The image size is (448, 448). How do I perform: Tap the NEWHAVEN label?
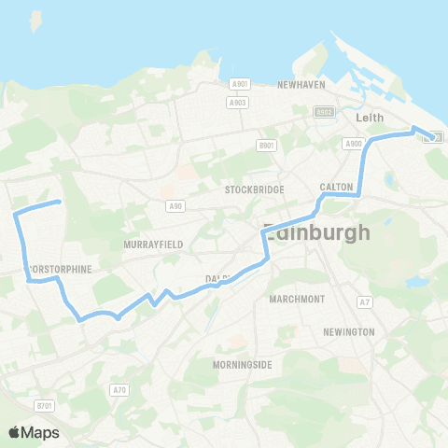click(x=301, y=84)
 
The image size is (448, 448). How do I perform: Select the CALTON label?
click(x=336, y=187)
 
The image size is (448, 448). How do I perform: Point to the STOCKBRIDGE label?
click(x=254, y=189)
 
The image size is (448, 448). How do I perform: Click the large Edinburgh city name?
click(x=317, y=231)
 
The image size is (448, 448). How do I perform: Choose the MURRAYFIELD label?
click(x=153, y=244)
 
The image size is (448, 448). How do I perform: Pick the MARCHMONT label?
click(x=296, y=299)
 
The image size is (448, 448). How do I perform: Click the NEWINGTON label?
click(x=348, y=331)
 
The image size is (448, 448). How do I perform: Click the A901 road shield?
click(x=238, y=84)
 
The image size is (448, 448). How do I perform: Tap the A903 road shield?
click(x=238, y=102)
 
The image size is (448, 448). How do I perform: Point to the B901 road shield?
click(x=268, y=146)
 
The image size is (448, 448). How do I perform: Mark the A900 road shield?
click(x=353, y=144)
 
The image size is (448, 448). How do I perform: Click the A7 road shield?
click(x=366, y=301)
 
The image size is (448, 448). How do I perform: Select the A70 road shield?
click(x=119, y=389)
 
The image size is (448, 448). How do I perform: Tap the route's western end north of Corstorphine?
click(x=59, y=202)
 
